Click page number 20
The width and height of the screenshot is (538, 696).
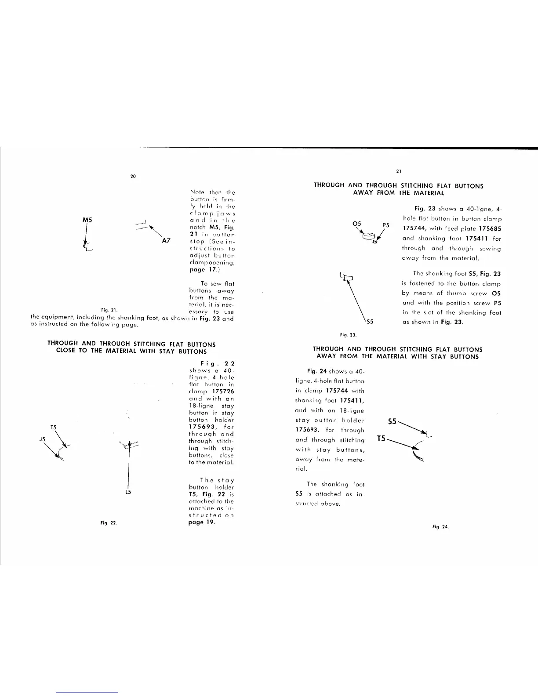tap(133, 177)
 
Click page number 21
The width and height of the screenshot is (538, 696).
tap(398, 171)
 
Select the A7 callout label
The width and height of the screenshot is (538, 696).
tap(166, 241)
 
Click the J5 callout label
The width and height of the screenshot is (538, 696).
tap(43, 439)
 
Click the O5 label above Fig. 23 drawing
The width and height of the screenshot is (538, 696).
tap(357, 224)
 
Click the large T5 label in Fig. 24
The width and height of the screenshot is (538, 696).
tap(382, 439)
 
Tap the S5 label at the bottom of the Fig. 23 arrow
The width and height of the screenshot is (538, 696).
tap(370, 322)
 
